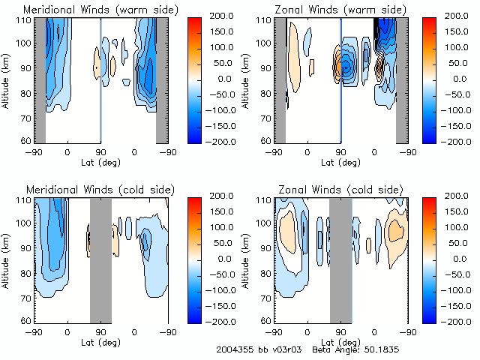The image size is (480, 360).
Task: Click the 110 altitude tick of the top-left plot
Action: tap(26, 20)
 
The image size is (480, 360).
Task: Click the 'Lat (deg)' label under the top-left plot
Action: tap(100, 162)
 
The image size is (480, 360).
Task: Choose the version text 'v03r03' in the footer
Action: tap(286, 349)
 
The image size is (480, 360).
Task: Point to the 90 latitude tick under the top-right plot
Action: tap(341, 151)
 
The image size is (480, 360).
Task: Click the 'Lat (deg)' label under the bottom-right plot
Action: tap(341, 342)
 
